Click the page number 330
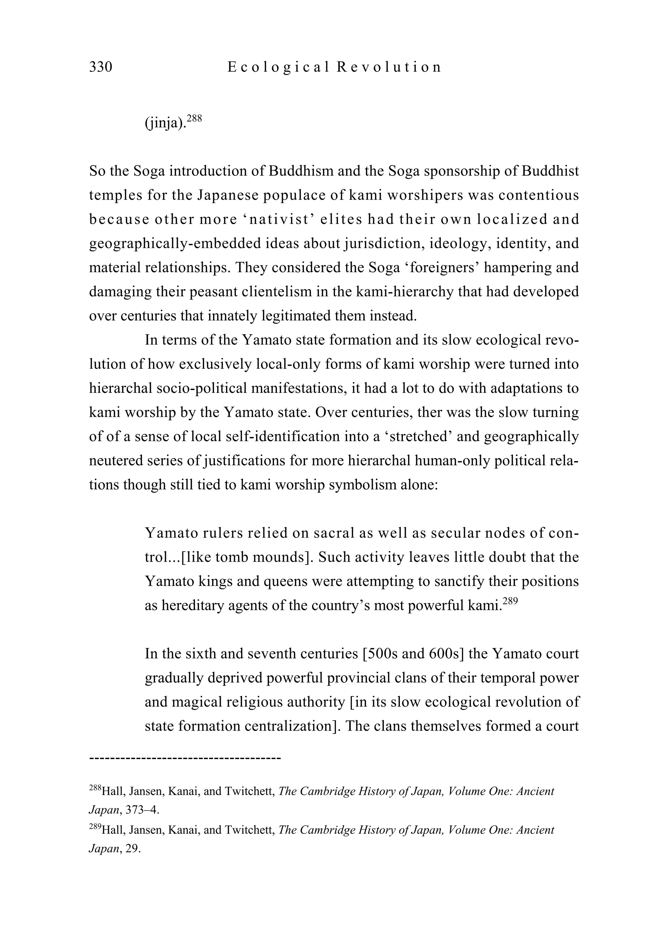click(x=100, y=67)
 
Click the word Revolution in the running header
click(x=389, y=67)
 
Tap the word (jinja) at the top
click(x=164, y=123)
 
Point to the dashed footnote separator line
click(x=185, y=758)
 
